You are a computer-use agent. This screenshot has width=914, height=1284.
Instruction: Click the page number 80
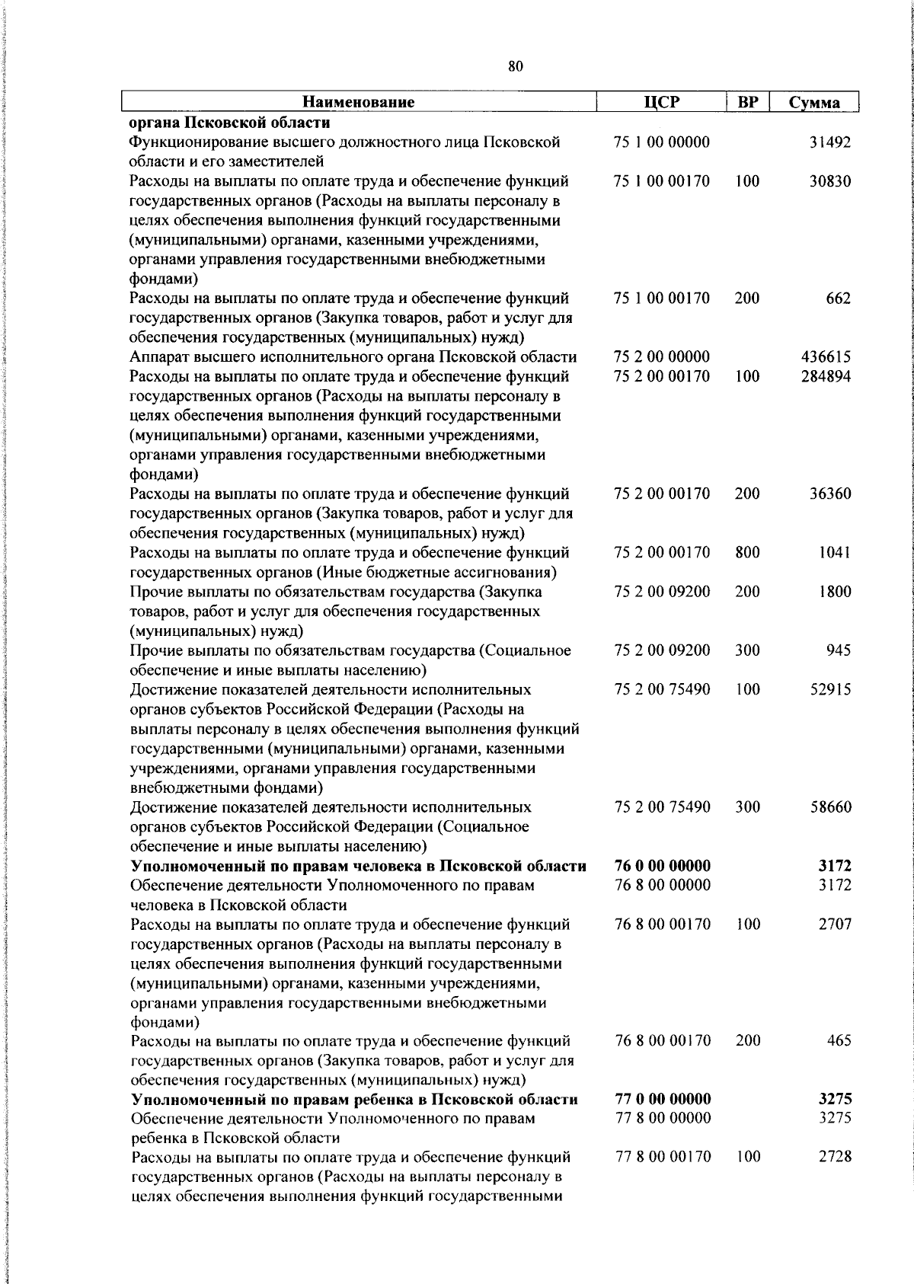point(515,67)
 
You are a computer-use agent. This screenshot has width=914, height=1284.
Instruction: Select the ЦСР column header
point(660,102)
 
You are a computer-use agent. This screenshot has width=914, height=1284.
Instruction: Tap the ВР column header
point(747,102)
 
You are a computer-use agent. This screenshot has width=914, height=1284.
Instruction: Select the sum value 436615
point(826,357)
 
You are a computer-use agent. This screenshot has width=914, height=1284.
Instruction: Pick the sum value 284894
point(826,376)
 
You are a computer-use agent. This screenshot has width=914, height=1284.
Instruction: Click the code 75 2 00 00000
point(662,357)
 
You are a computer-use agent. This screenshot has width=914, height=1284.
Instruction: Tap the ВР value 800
point(747,552)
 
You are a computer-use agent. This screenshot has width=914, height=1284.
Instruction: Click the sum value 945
point(838,650)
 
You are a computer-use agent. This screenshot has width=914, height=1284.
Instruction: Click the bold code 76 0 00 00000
point(662,865)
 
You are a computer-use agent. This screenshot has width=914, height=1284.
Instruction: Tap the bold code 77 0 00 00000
point(663,1099)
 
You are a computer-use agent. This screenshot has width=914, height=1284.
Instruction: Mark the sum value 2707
point(835,924)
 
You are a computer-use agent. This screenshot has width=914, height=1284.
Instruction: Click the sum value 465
point(839,1040)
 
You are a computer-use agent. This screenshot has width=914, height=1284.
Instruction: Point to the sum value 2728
point(835,1157)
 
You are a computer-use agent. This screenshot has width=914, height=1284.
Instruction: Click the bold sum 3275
point(835,1099)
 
